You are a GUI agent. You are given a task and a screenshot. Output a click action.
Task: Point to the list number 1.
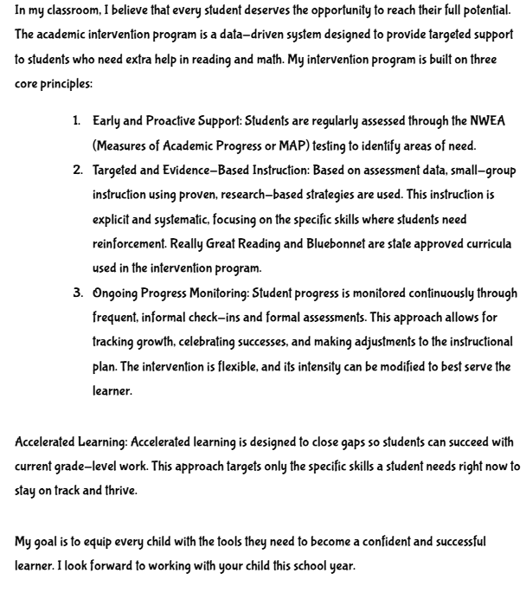click(x=76, y=120)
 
